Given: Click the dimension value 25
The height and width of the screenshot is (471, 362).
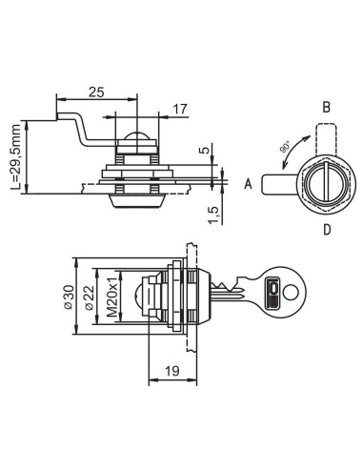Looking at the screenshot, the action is (96, 92).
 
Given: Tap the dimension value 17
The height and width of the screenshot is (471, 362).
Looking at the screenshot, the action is (180, 109).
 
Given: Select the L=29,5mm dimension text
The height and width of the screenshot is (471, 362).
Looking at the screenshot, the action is (15, 157).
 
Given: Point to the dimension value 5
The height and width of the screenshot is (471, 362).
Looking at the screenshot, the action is (207, 149).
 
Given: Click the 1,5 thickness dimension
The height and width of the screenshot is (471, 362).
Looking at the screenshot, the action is (214, 215).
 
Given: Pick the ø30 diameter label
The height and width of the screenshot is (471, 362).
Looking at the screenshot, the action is (69, 297).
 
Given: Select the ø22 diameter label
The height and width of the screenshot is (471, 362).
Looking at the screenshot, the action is (90, 297).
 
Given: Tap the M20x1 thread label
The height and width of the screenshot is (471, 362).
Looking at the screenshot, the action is (112, 297).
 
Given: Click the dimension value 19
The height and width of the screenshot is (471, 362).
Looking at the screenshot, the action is (172, 371).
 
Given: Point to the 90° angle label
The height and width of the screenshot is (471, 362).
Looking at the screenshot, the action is (285, 147).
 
